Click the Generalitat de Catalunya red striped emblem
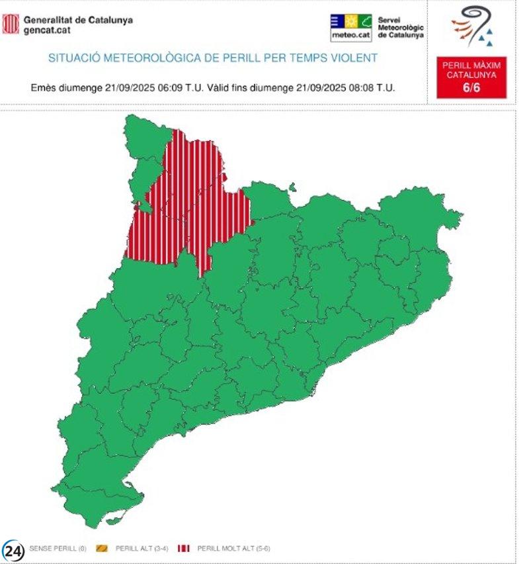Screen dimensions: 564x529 (x=11, y=24)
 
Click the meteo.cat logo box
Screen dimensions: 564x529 (x=350, y=27)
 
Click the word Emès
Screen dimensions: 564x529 (x=44, y=87)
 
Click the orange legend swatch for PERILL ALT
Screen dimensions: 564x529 (x=102, y=548)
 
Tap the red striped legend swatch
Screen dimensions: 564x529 (x=184, y=548)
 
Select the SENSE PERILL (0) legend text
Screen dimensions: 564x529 (x=58, y=548)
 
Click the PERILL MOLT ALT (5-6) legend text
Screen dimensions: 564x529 (x=234, y=548)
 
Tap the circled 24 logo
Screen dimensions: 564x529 (x=13, y=550)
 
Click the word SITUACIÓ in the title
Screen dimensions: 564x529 (x=73, y=58)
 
